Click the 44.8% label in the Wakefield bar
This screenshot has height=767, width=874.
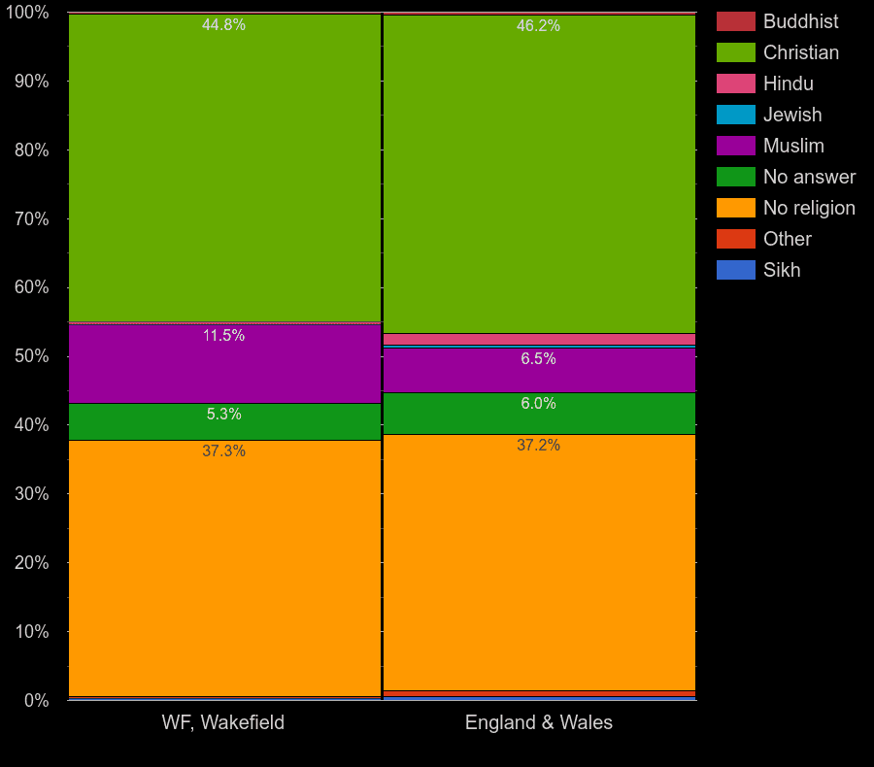coord(223,25)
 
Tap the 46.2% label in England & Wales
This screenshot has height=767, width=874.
coord(538,26)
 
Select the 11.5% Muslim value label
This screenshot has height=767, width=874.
coord(223,336)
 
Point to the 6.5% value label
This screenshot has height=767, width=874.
coord(538,359)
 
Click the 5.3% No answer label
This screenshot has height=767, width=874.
coord(223,415)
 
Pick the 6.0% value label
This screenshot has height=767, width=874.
coord(538,404)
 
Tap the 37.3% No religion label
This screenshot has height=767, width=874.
coord(223,451)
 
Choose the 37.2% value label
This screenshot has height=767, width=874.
coord(538,446)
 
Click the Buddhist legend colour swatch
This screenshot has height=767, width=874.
coord(735,21)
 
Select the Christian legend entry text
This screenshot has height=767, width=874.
coord(800,52)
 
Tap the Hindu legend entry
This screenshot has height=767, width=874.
coord(788,83)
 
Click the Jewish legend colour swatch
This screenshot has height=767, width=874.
coord(735,115)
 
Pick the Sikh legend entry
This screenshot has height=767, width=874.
coord(782,270)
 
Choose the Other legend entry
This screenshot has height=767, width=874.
coord(787,239)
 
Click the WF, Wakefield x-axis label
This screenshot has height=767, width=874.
coord(223,722)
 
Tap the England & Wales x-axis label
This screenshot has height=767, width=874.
coord(538,722)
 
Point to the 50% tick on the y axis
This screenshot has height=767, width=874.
coord(31,356)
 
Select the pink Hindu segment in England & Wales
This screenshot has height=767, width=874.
coord(539,339)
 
